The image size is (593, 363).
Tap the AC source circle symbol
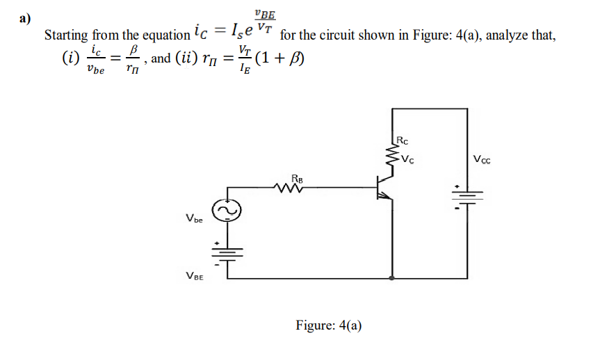coord(226,209)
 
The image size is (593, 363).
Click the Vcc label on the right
coord(481,160)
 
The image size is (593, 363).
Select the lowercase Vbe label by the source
coord(194,220)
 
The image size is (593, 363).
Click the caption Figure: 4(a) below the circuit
coord(329,325)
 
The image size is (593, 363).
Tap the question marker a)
coord(26,18)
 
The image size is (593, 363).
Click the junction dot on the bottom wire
coord(393,277)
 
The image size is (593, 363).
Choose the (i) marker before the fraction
coord(70,58)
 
